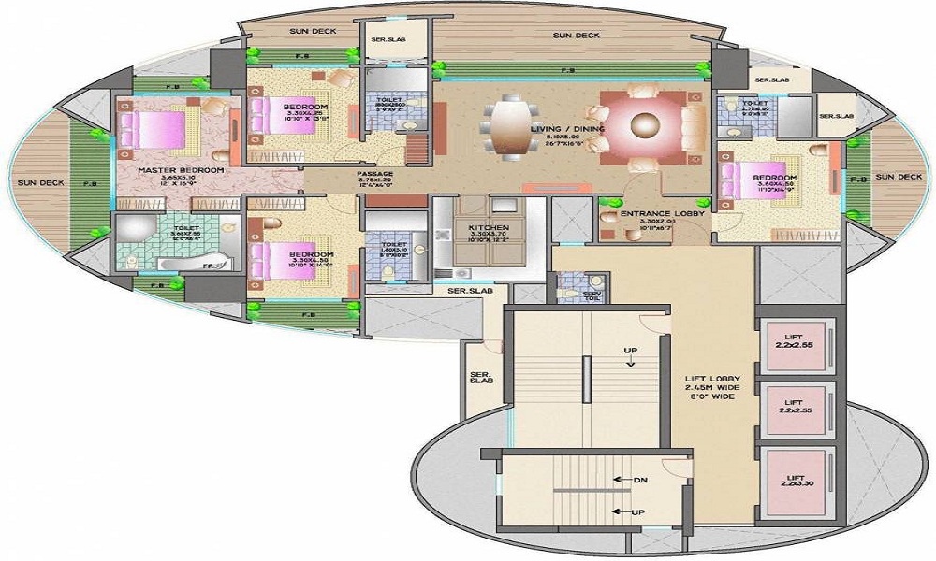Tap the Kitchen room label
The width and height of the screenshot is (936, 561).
click(489, 228)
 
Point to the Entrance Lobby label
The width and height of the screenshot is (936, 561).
click(656, 214)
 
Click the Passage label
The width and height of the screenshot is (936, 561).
click(374, 174)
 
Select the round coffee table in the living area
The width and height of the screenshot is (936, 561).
click(646, 123)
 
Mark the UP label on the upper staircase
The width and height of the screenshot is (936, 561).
click(631, 350)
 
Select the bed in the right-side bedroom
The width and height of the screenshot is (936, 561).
click(751, 181)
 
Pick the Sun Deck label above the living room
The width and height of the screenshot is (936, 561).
click(576, 36)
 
